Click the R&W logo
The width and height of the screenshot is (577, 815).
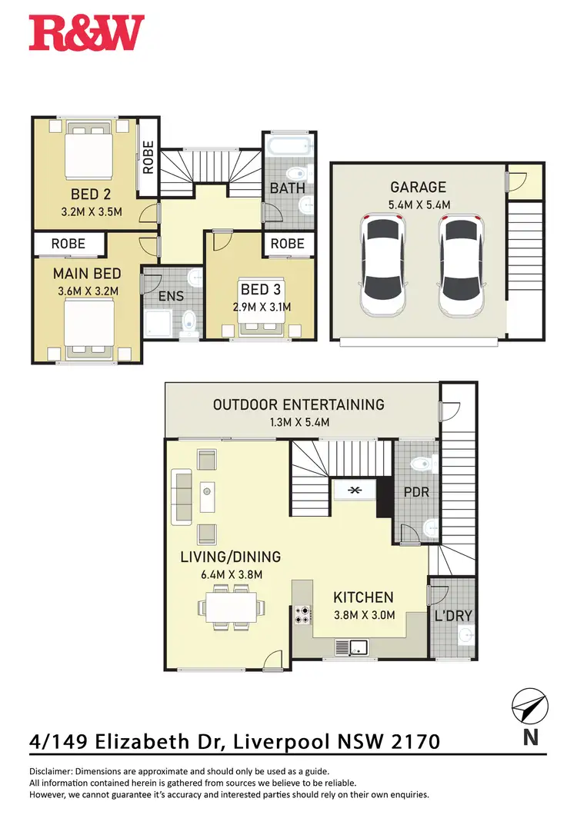pos(86,33)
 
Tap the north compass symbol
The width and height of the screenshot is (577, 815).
pos(529,707)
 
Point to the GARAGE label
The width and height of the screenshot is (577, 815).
pos(418,187)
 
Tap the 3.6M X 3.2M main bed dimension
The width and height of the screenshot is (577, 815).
pos(86,291)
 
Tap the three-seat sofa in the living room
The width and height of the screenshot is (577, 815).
pos(182,497)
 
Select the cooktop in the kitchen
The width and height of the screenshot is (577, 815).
pos(303,614)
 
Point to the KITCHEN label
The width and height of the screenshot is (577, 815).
pos(363,597)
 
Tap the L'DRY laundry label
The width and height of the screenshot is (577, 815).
pos(453,616)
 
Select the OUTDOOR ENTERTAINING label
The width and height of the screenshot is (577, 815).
pos(299,404)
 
